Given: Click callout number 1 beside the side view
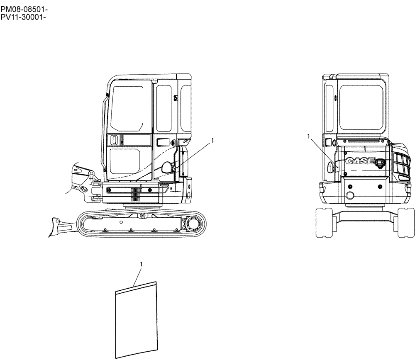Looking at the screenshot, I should point(213,141).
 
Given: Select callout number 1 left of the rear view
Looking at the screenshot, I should point(308,136).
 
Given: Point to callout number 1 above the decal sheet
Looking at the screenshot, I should point(142,264).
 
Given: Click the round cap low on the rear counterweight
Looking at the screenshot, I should point(349,196).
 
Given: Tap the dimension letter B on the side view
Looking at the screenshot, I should point(171,188).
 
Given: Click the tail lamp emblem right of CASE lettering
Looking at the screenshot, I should point(379,163).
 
